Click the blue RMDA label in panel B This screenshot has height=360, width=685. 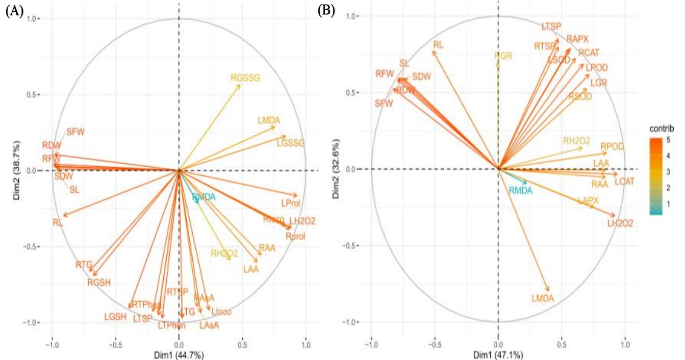pos(520,190)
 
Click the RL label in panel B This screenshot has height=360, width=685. pos(438,44)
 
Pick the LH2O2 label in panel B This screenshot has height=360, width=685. pos(620,223)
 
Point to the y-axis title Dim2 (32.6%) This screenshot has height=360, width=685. pos(337,169)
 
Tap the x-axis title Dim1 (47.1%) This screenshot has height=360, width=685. pos(498,355)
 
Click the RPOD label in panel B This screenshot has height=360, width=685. pos(612,146)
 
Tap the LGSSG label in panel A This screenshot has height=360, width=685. pos(290,143)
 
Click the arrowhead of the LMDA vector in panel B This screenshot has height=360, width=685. pos(549,291)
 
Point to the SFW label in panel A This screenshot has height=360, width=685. pos(75,132)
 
